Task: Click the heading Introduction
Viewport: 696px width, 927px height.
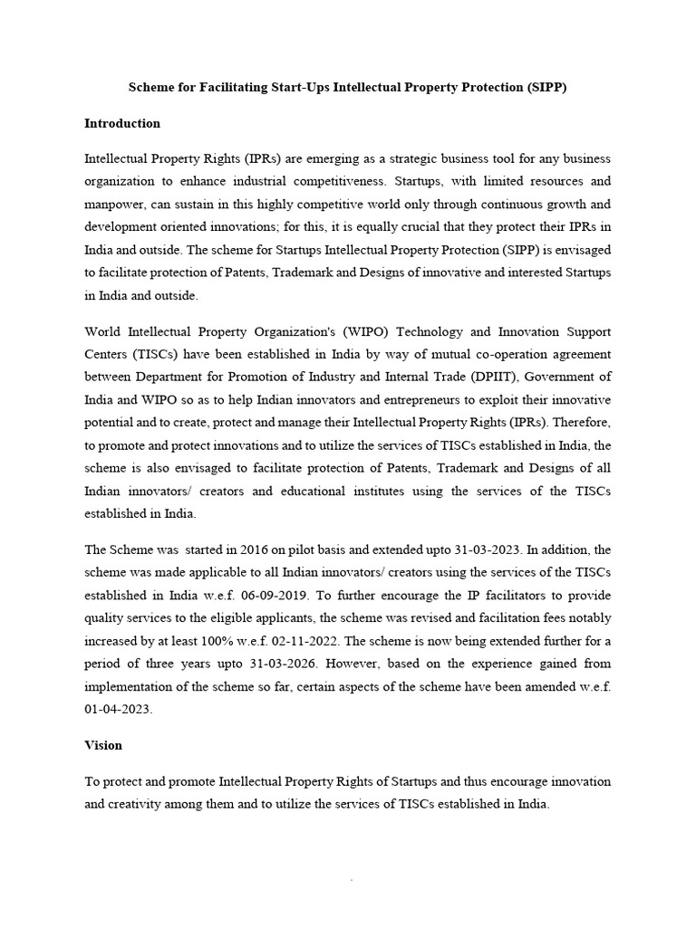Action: [x=122, y=123]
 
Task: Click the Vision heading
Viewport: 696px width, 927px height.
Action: [x=102, y=745]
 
